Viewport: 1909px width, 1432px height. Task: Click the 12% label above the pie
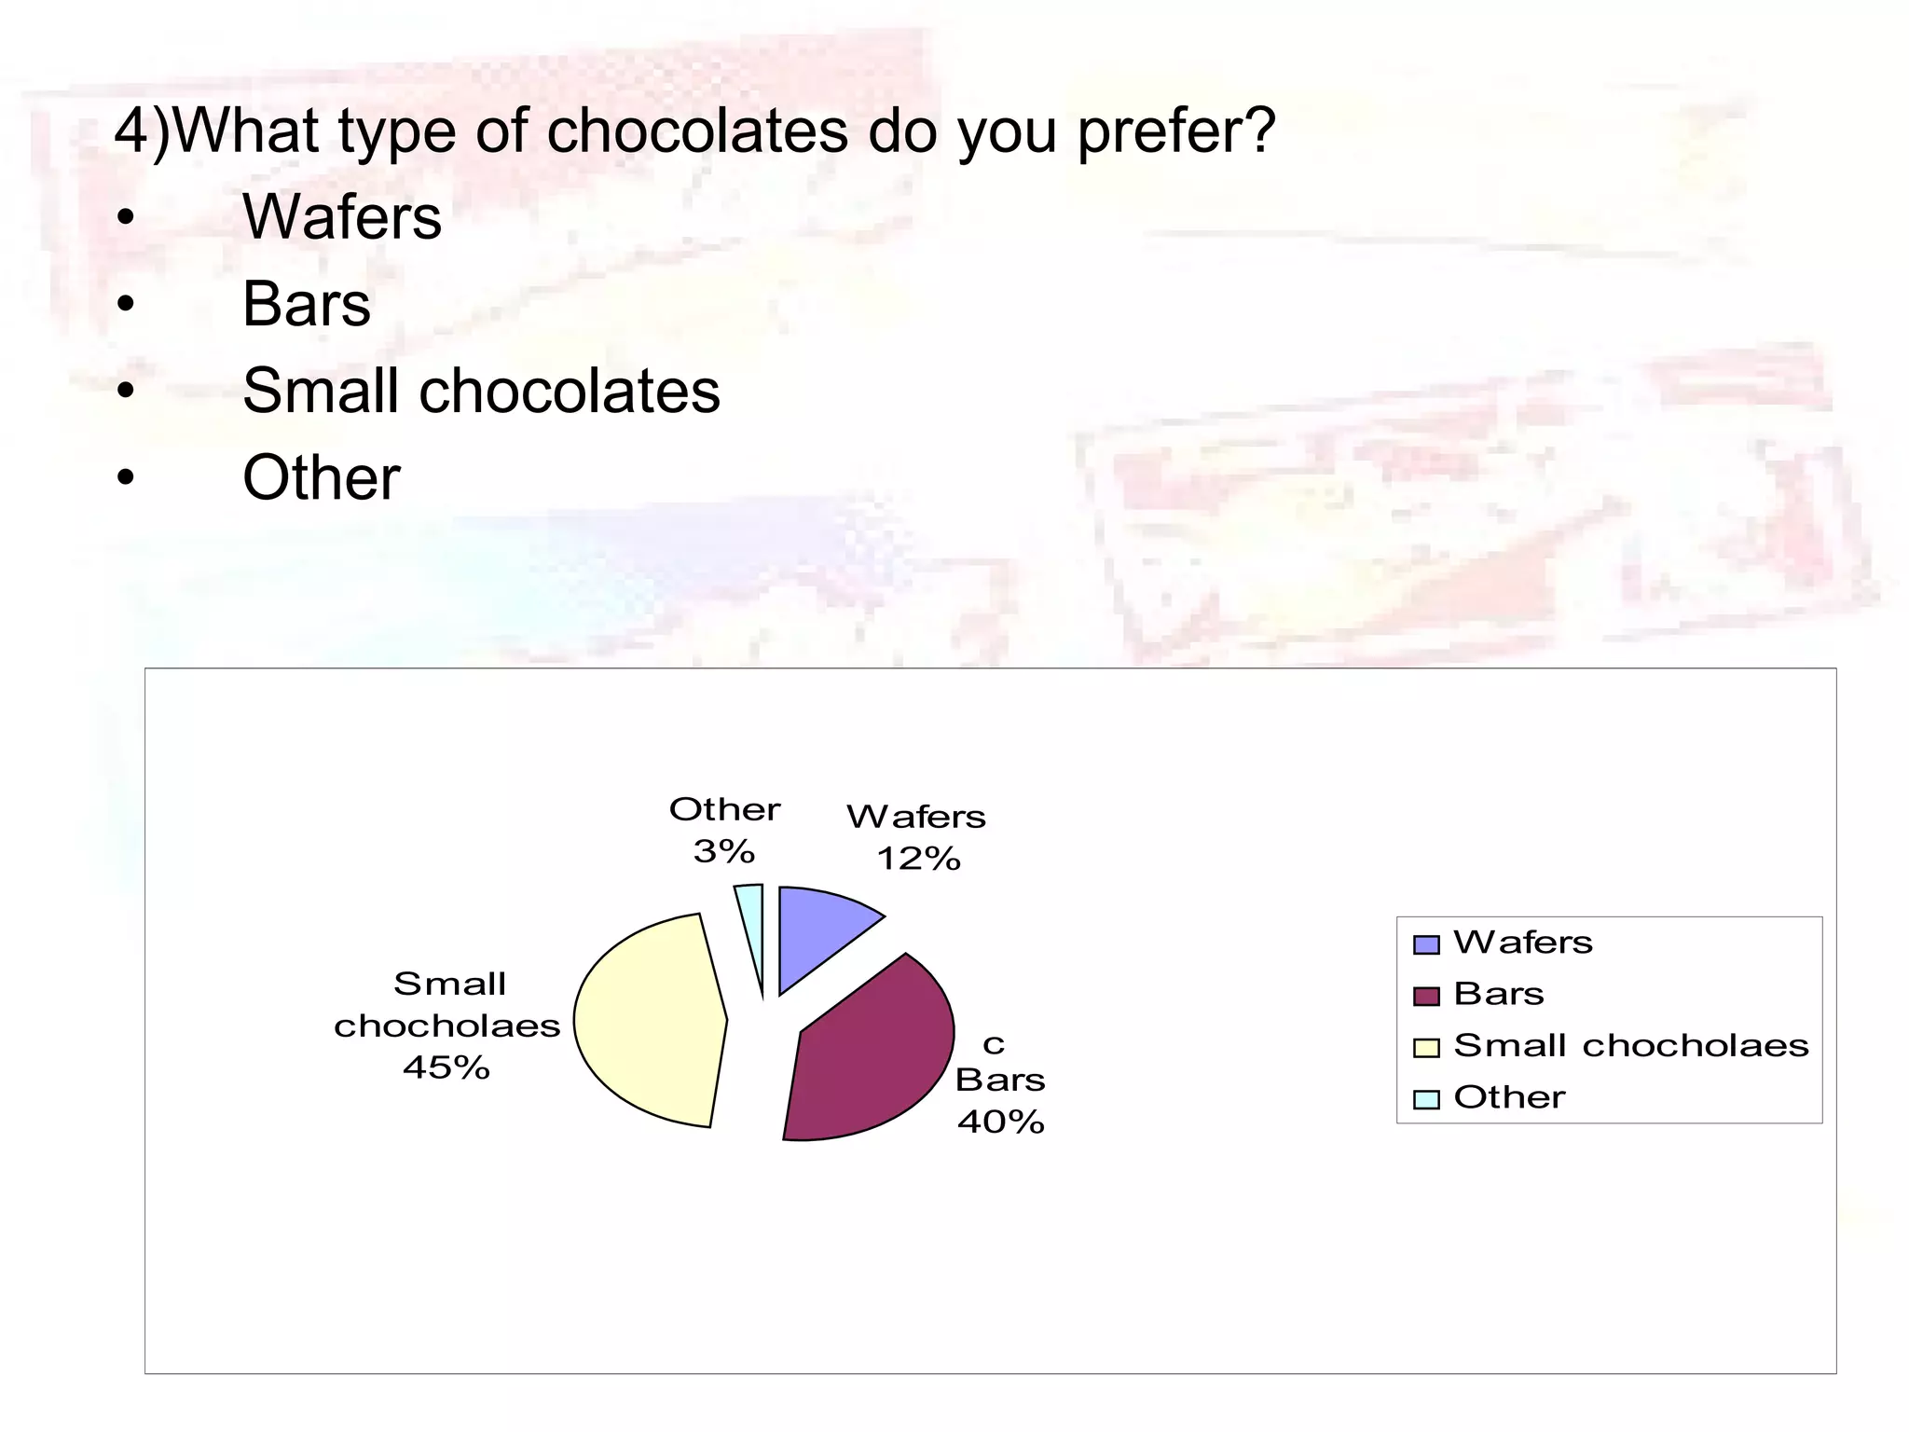pyautogui.click(x=918, y=859)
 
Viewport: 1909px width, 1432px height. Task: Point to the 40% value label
pyautogui.click(x=1000, y=1122)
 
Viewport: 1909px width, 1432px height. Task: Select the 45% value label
pyautogui.click(x=446, y=1067)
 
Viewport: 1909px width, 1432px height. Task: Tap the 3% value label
pyautogui.click(x=724, y=851)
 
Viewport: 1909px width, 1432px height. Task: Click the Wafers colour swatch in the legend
pyautogui.click(x=1426, y=944)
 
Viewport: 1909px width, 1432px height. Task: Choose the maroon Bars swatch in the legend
pyautogui.click(x=1426, y=996)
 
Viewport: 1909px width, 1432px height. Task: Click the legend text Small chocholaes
pyautogui.click(x=1630, y=1046)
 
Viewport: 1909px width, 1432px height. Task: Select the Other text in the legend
pyautogui.click(x=1509, y=1097)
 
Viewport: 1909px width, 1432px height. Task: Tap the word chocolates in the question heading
pyautogui.click(x=697, y=131)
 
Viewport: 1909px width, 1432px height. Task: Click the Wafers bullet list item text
pyautogui.click(x=341, y=217)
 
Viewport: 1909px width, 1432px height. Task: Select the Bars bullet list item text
pyautogui.click(x=306, y=304)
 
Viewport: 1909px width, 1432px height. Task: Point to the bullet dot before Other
pyautogui.click(x=126, y=478)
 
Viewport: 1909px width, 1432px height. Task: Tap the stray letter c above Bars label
pyautogui.click(x=994, y=1045)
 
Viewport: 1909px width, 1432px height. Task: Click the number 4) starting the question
pyautogui.click(x=142, y=131)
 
